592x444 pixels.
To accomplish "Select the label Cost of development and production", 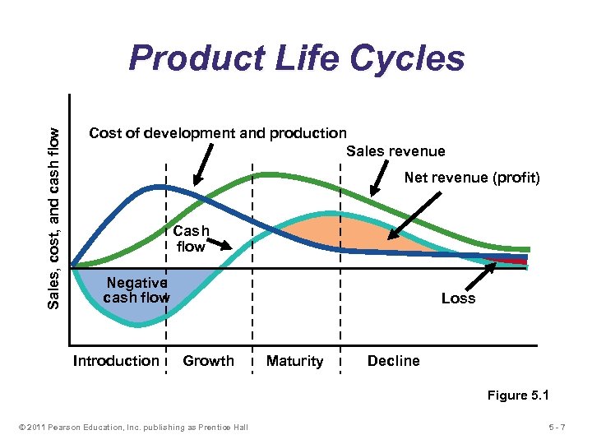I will click(217, 133).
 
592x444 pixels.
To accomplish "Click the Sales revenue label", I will click(395, 151).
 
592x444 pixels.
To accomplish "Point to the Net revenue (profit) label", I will click(472, 178).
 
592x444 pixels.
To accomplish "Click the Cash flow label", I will click(191, 238).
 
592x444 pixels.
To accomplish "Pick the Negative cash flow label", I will click(136, 290).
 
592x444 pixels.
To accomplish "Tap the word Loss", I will click(458, 298).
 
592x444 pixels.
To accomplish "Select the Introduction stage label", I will click(116, 361).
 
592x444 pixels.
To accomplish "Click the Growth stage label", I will click(208, 361).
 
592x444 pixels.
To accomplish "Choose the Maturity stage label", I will click(294, 362).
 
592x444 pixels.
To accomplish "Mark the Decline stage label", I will click(393, 361).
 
